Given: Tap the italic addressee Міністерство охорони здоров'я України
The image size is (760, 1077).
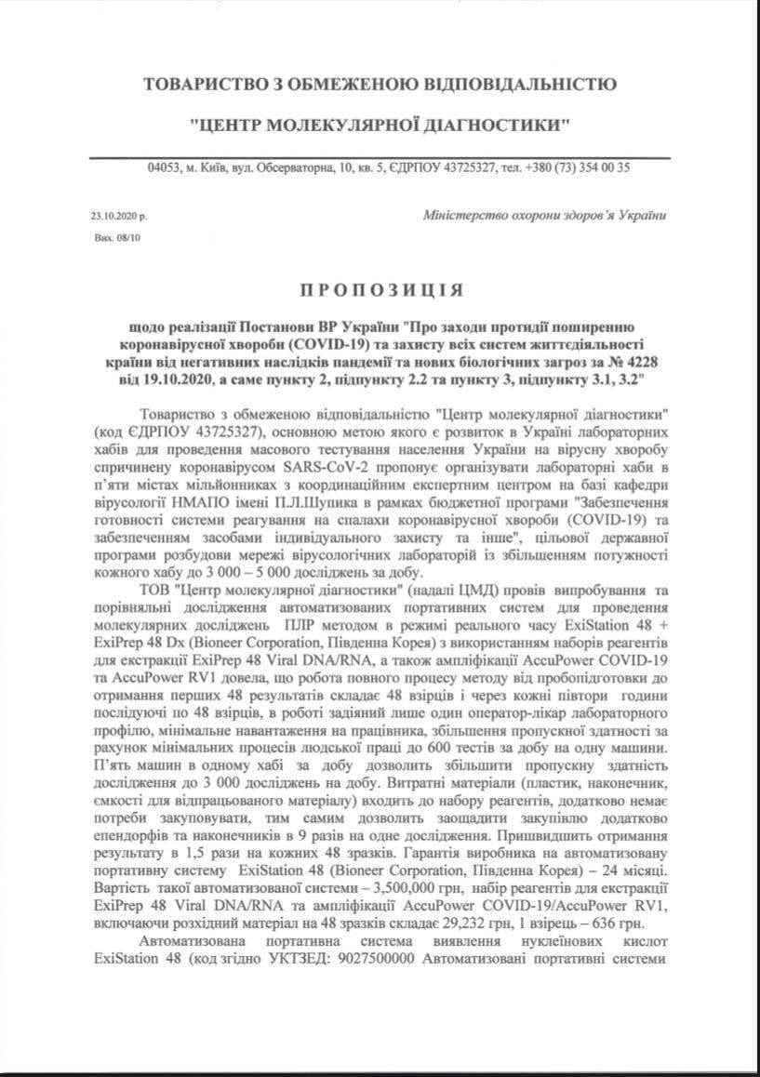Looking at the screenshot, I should tap(544, 215).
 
